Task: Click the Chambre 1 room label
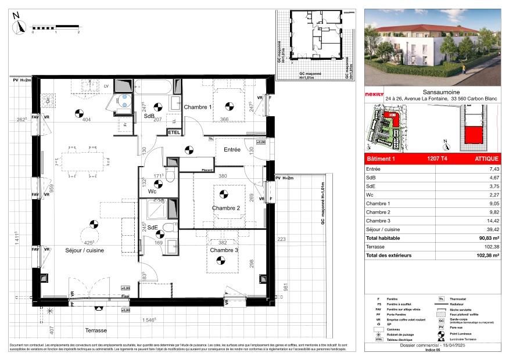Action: click(x=198, y=107)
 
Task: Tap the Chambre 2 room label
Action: click(x=226, y=208)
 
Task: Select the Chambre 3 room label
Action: click(x=224, y=250)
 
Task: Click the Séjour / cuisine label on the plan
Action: click(x=85, y=250)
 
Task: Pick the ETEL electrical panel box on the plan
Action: click(x=174, y=133)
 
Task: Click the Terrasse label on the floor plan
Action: click(x=95, y=330)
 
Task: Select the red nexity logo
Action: click(x=374, y=94)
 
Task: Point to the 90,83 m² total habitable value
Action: click(x=489, y=238)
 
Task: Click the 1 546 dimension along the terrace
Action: click(x=150, y=320)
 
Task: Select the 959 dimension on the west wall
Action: click(x=35, y=188)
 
